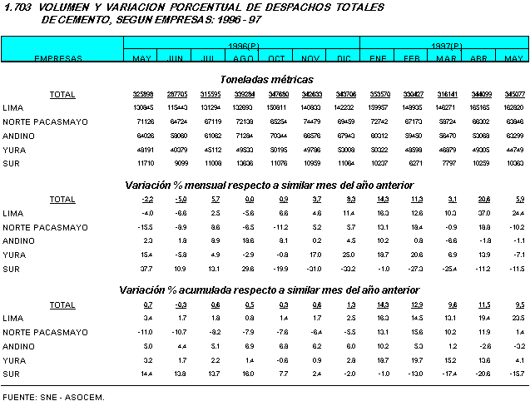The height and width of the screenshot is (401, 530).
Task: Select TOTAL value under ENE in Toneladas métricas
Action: point(379,94)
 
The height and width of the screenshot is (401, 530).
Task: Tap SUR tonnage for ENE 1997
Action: point(379,163)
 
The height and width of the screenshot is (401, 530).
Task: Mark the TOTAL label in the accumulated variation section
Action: point(62,304)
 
